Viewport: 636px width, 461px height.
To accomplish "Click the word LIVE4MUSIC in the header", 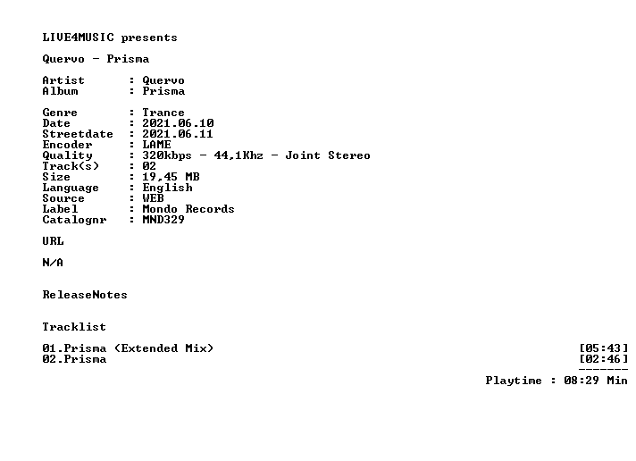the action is (79, 38).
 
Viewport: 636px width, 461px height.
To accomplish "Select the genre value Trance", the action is (163, 113).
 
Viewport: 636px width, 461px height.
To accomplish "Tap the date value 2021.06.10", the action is (178, 123).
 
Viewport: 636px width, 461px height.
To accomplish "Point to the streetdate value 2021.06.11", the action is (178, 134).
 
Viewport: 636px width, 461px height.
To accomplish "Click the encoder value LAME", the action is (156, 145).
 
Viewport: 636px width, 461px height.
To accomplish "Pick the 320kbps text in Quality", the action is (167, 155).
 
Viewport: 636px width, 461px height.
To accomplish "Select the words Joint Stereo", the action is (328, 155).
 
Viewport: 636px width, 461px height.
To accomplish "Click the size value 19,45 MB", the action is (171, 177).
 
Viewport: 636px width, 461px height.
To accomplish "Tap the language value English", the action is (168, 188).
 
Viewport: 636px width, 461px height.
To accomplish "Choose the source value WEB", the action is (153, 198).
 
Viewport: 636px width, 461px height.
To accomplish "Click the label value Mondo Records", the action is (188, 209).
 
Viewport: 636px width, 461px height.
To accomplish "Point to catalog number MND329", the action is (163, 220).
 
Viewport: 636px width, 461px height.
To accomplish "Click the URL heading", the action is (53, 241).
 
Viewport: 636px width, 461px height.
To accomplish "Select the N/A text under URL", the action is (53, 263).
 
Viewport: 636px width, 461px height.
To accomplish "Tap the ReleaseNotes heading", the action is (85, 295).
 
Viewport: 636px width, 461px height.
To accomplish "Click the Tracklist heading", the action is (74, 327).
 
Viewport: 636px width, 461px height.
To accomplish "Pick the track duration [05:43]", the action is (604, 348).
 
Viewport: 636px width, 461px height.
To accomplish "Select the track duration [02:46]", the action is (604, 359).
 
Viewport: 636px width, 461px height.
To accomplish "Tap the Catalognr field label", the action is (75, 220).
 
